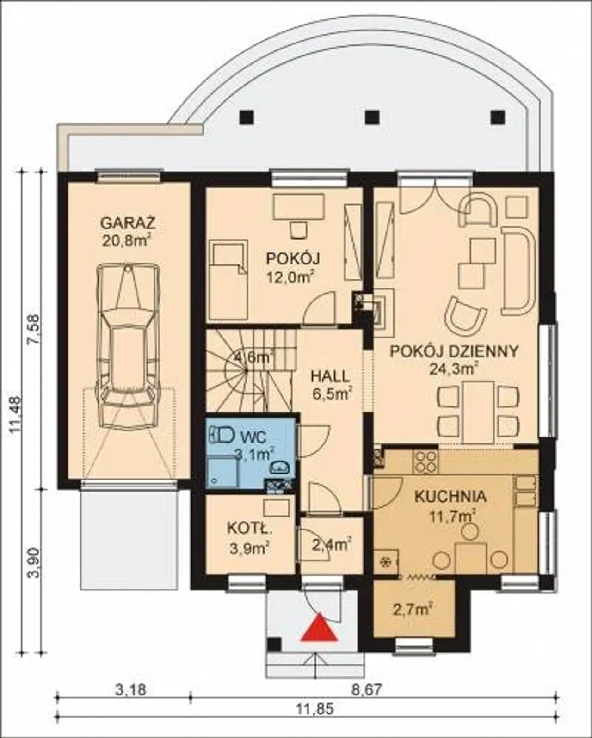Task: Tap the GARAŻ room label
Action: pos(128,223)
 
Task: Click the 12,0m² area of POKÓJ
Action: pos(291,277)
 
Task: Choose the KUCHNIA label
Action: pos(450,497)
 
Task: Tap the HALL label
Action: pos(330,376)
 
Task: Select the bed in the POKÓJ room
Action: pos(228,279)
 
